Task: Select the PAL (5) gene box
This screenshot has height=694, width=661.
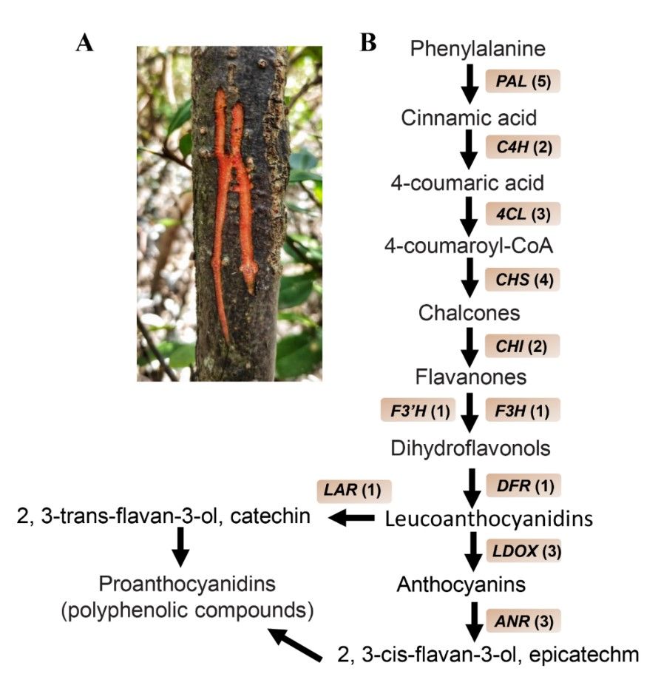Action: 522,81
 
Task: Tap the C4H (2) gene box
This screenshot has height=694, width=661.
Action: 522,146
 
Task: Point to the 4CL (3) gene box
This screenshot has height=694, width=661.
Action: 522,213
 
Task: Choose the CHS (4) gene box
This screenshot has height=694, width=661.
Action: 522,279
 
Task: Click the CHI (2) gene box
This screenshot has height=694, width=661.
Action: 522,345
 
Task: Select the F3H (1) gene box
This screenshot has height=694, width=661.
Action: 522,410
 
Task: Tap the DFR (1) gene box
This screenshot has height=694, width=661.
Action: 522,485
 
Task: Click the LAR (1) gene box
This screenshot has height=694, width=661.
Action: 353,490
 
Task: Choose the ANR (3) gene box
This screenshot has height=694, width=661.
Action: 522,619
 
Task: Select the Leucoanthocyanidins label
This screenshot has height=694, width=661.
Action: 489,519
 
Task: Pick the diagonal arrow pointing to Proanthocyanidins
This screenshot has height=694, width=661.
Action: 295,644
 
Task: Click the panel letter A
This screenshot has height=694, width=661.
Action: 85,44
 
